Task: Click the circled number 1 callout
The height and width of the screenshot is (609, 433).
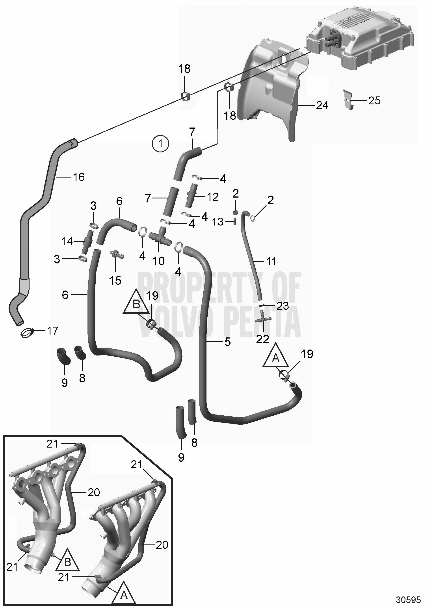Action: pos(160,144)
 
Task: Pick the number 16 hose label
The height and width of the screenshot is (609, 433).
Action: pos(79,177)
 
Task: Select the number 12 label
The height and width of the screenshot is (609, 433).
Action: pos(212,197)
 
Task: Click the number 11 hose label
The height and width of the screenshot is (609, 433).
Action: pos(271,261)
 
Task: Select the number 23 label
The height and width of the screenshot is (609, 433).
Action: pos(283,306)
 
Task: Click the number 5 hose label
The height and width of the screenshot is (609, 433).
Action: pos(227,342)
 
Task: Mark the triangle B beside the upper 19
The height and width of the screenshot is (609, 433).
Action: pos(136,304)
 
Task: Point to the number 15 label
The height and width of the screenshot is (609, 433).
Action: pos(115,280)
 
